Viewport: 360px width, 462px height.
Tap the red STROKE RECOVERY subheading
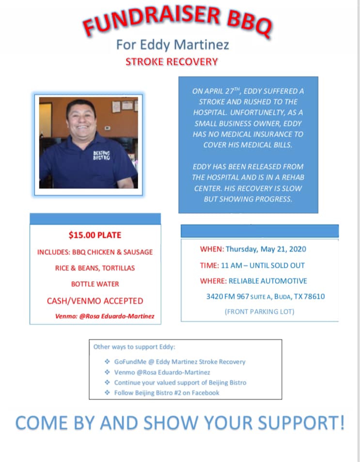tap(172, 62)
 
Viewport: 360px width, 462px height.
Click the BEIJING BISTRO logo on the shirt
tap(101, 155)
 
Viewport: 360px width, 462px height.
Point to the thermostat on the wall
tap(108, 128)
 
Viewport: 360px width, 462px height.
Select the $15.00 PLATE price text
tap(95, 235)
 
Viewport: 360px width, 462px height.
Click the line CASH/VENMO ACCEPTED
tap(95, 301)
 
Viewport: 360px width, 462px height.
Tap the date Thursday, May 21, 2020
tap(266, 249)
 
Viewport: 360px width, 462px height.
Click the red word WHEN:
tap(212, 249)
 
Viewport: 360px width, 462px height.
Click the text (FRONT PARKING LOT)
tap(259, 312)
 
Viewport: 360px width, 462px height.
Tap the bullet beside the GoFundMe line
tap(107, 362)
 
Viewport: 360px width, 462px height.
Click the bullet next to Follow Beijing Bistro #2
tap(107, 392)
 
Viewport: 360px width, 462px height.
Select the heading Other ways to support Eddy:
tap(134, 347)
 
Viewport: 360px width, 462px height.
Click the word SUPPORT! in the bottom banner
tap(301, 423)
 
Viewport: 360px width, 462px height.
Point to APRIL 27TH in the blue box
tap(222, 91)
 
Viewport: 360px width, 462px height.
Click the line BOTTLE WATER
tap(95, 284)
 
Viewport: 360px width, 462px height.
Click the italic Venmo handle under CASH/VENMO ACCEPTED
tap(105, 316)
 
